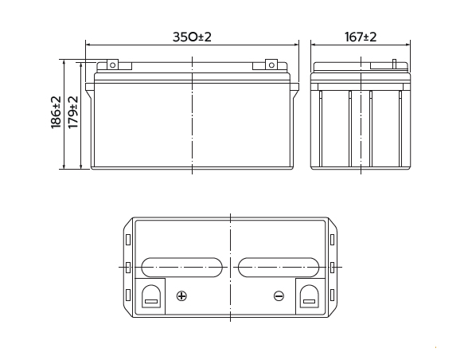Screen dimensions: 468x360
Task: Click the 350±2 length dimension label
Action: point(192,37)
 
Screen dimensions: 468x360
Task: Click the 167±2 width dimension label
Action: point(361,37)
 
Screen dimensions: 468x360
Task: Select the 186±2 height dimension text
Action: point(56,112)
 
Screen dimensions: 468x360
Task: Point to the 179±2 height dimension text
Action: point(73,112)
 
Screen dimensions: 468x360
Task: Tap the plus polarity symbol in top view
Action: point(181,296)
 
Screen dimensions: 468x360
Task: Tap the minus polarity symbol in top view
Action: point(279,296)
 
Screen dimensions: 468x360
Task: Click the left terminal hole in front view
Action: point(112,65)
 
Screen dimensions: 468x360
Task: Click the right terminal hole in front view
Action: point(271,65)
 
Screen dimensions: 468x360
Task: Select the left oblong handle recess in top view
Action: point(181,268)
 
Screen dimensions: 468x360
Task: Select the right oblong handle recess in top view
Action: point(279,268)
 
